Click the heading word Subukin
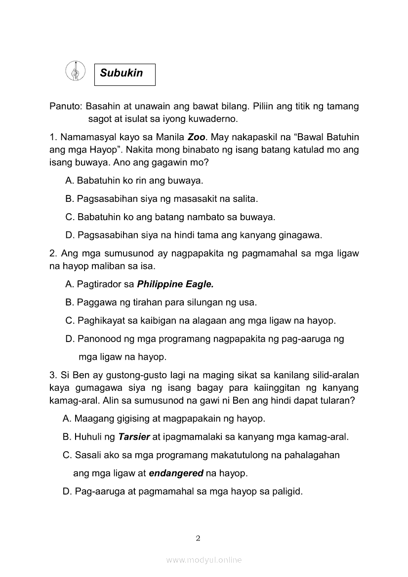(x=121, y=73)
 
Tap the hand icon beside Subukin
(x=75, y=71)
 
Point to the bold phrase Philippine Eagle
(x=175, y=284)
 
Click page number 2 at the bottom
(x=198, y=539)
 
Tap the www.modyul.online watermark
(x=204, y=560)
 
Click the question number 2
(x=53, y=254)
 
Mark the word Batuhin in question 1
(x=342, y=136)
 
